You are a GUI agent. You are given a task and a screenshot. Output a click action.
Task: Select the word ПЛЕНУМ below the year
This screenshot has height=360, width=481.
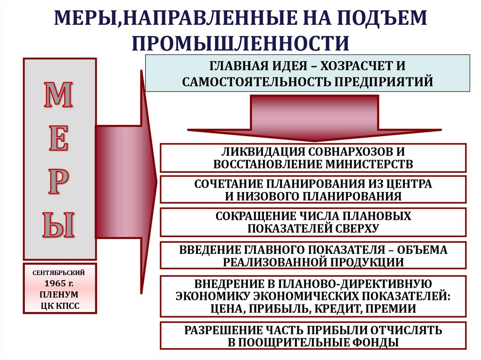[60, 295]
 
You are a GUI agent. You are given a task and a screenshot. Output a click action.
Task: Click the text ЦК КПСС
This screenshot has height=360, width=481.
[60, 306]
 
